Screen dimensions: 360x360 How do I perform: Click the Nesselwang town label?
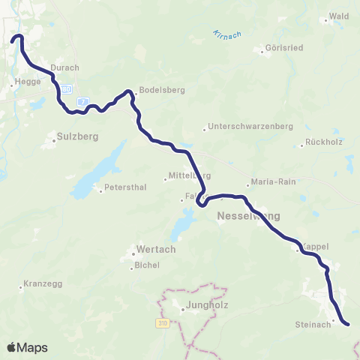(x=247, y=216)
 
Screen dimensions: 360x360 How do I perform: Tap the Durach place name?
(x=64, y=67)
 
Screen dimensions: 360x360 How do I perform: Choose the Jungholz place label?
(x=197, y=306)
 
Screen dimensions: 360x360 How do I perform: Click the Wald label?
(x=339, y=15)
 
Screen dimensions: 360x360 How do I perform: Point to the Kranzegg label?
(x=41, y=285)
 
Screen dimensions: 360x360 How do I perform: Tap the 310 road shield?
(x=163, y=323)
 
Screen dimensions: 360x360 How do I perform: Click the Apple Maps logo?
(x=27, y=347)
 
